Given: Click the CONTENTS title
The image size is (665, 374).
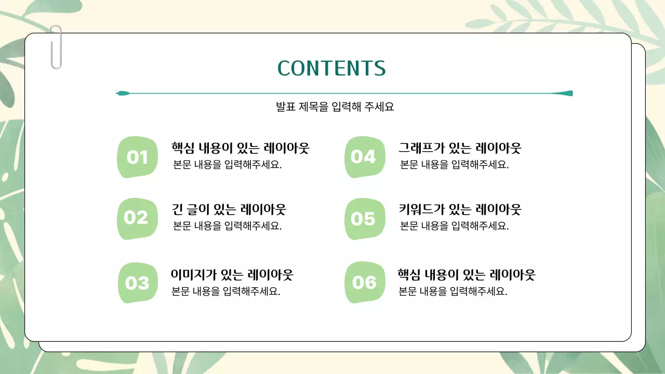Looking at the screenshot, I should tap(331, 68).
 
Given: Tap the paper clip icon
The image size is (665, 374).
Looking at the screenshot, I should tap(56, 47).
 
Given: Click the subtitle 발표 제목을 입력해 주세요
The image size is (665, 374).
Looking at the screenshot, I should tap(335, 107).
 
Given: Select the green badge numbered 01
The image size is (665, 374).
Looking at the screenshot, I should tap(137, 157).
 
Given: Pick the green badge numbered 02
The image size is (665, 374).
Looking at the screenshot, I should tap(137, 218).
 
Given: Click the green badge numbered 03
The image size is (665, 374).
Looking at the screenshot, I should tap(138, 283).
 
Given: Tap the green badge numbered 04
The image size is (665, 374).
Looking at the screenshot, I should tap(364, 157).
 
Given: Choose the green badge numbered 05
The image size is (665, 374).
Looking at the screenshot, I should tap(364, 219).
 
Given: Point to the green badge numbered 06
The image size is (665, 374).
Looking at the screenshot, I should tap(364, 282).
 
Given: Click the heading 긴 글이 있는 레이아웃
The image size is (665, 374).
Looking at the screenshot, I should tap(229, 209).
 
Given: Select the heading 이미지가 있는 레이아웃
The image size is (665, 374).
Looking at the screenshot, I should tap(232, 274).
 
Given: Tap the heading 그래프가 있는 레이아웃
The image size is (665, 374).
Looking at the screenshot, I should tap(459, 148).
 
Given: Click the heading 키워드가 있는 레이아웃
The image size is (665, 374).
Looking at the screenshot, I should tap(459, 209).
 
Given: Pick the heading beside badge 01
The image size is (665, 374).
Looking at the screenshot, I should tap(240, 148).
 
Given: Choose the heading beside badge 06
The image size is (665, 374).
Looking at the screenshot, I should tap(466, 274).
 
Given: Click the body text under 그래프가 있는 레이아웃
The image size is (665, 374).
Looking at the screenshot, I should tap(454, 165).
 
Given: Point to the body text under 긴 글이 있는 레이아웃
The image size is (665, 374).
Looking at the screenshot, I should tap(227, 226).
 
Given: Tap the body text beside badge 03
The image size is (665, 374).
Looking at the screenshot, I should tap(226, 291).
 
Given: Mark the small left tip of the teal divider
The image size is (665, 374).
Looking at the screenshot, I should tap(122, 94).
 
